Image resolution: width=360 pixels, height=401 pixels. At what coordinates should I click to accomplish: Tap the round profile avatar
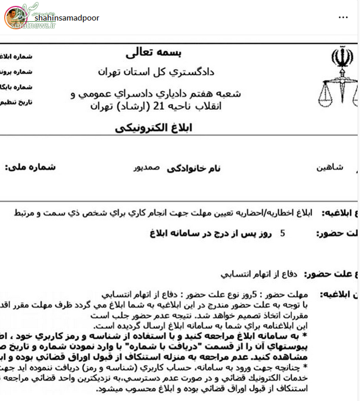[x=16, y=18]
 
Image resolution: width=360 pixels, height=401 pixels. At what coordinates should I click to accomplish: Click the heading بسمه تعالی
[x=147, y=52]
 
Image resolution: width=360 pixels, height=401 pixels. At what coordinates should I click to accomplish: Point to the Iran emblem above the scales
[x=339, y=59]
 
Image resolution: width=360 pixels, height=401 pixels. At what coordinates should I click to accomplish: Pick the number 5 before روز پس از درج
[x=282, y=234]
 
